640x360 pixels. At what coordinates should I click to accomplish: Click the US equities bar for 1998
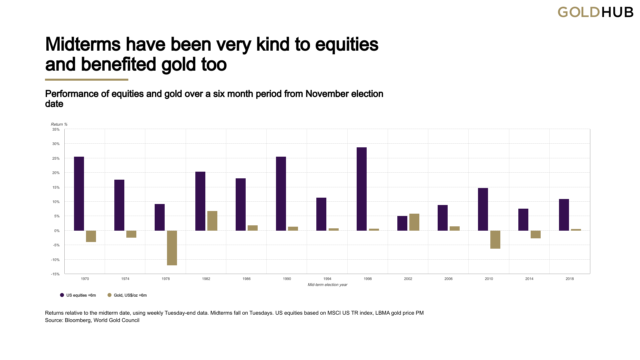(x=362, y=189)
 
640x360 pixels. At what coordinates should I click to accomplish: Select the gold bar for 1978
(x=172, y=248)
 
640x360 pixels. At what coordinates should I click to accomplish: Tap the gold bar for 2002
(x=414, y=222)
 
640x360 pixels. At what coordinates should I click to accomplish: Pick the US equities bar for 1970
(x=79, y=194)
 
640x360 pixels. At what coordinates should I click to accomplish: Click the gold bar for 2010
(x=495, y=240)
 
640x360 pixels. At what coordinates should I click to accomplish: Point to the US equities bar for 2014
(x=523, y=220)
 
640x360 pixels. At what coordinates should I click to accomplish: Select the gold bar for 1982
(x=212, y=221)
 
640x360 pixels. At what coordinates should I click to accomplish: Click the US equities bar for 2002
(x=402, y=223)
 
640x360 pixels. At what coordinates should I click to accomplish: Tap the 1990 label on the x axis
(x=287, y=279)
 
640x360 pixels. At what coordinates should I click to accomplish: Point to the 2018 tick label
(x=570, y=279)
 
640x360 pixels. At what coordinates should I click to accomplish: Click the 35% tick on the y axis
(x=56, y=129)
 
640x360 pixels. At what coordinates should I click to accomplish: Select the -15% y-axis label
(x=55, y=274)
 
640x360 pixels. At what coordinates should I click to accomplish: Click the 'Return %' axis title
(x=59, y=124)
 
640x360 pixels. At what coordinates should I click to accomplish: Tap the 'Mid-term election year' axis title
(x=327, y=285)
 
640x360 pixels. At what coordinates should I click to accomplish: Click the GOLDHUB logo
(x=595, y=12)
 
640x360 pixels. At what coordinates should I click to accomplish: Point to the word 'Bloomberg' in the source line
(x=77, y=320)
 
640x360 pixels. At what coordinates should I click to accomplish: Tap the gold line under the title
(x=87, y=80)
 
